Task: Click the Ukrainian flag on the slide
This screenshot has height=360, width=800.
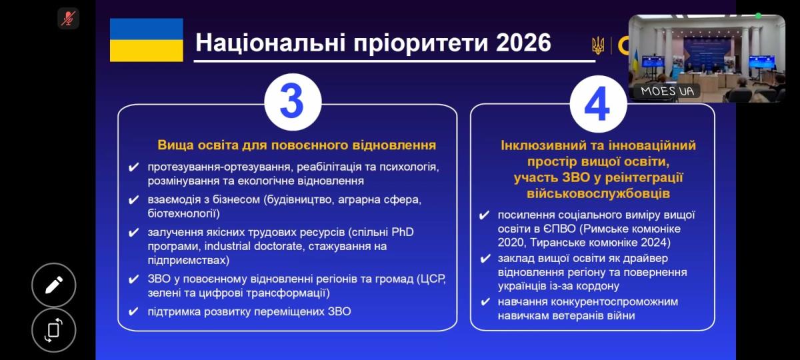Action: coord(147,40)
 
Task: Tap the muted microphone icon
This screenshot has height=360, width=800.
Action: coord(68,18)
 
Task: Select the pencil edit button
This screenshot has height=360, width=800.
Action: coord(54,285)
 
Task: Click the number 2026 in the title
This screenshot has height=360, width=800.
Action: coord(523,43)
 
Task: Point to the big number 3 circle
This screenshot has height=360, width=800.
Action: coord(293,102)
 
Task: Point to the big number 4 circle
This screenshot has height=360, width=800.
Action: coord(598,104)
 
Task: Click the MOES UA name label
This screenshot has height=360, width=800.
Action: coord(667,91)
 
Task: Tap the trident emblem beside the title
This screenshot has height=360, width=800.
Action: coord(598,46)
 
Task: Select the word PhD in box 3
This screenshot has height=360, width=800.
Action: coord(403,232)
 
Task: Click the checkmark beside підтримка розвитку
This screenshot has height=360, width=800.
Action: coord(133,312)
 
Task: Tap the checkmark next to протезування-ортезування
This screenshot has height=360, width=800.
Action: coord(133,167)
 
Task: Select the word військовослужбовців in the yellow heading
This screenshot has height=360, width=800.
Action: coord(598,193)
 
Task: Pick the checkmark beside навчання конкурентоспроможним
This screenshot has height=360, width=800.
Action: coord(485,302)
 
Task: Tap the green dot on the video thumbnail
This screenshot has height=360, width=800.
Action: coord(758,16)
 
